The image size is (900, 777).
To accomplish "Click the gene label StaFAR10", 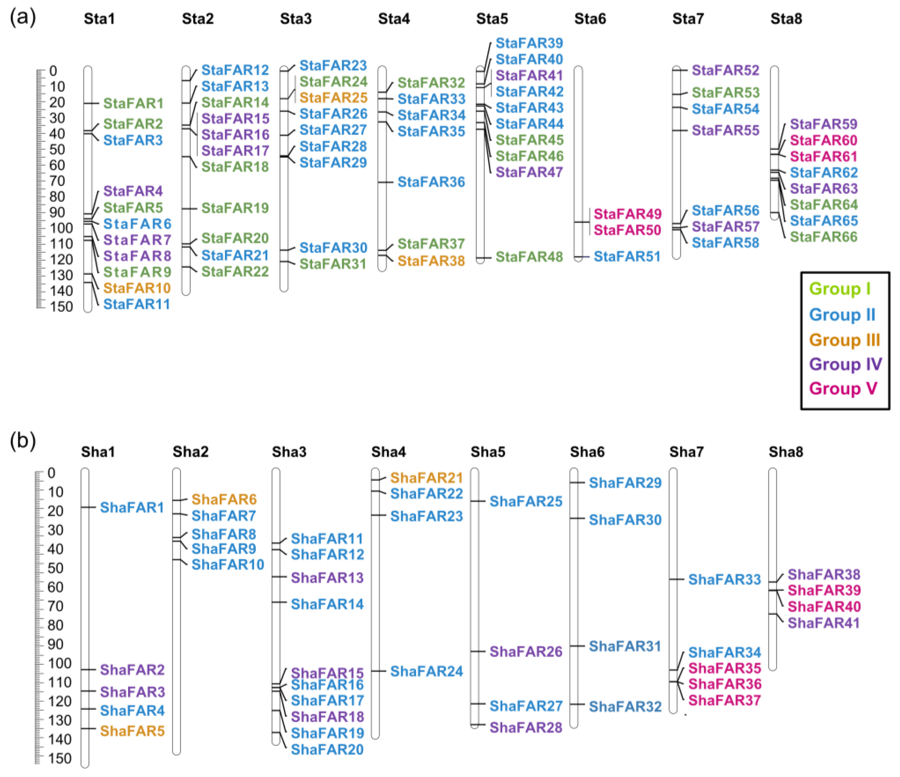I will [x=137, y=288].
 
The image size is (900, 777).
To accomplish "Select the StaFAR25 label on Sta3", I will [x=333, y=98].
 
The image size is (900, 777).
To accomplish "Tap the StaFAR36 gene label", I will [x=431, y=182].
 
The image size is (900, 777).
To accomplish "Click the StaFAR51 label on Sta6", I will [x=627, y=257].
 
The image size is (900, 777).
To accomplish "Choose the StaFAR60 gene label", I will [x=823, y=140].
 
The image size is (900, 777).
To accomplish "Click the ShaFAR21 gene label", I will [x=426, y=478].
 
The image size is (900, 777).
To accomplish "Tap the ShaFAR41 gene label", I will [x=823, y=623].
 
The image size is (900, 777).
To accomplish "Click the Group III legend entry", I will [x=844, y=340].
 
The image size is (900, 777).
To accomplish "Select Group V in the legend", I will [x=843, y=388].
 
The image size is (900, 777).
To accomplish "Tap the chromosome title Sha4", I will [x=388, y=452].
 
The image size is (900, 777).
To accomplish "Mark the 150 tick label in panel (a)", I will [x=61, y=307].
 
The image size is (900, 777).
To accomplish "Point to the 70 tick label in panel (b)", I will [x=55, y=606].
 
